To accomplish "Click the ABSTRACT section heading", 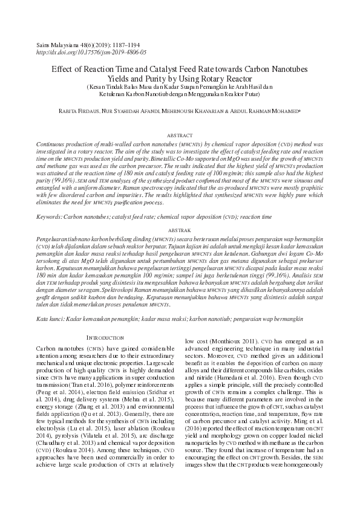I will [180, 136].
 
